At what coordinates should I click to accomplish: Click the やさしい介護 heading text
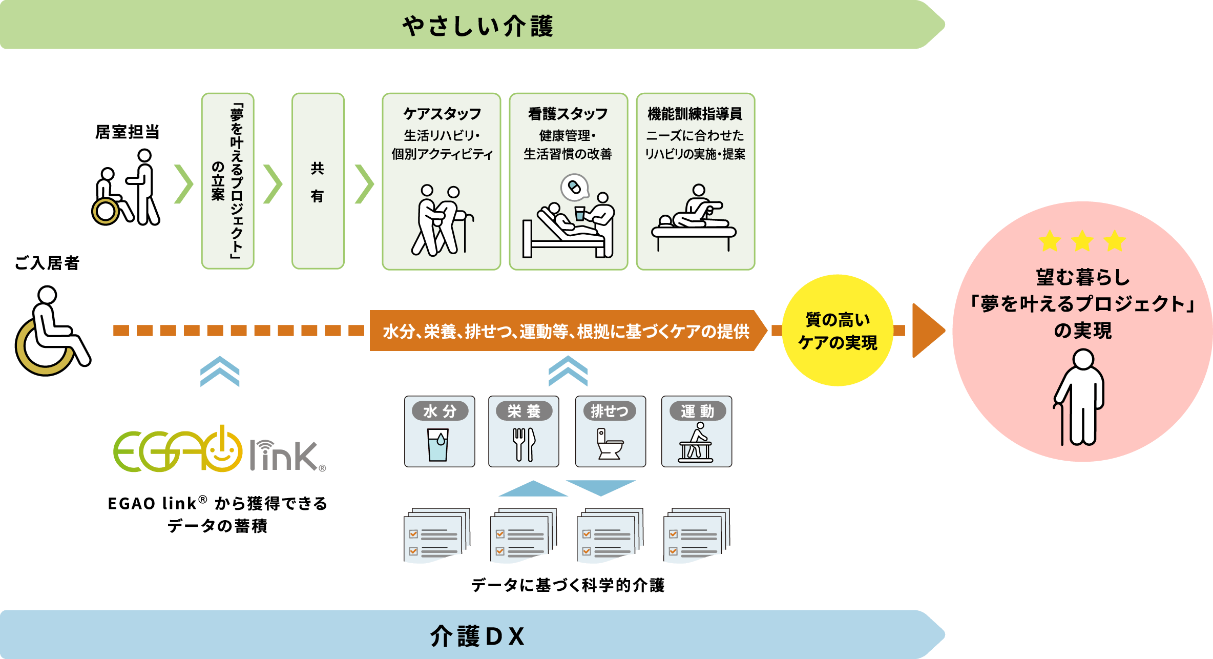477,26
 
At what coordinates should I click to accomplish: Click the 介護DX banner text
477,636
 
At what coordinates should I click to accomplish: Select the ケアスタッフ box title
442,114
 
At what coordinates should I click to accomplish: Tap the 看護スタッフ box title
568,114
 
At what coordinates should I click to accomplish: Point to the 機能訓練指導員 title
695,114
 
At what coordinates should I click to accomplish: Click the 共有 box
318,181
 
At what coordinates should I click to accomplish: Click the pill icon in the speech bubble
574,187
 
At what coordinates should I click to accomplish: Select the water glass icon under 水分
438,444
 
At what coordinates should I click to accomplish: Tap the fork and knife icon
524,444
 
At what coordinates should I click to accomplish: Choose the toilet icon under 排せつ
610,444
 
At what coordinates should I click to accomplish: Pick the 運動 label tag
697,411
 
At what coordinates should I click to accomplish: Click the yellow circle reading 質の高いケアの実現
838,331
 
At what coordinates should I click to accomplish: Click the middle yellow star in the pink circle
1082,241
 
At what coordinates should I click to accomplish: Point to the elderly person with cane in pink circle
1080,397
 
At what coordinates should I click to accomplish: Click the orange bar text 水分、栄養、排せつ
566,331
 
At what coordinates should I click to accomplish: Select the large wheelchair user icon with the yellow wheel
51,331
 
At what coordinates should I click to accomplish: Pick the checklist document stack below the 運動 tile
696,536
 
